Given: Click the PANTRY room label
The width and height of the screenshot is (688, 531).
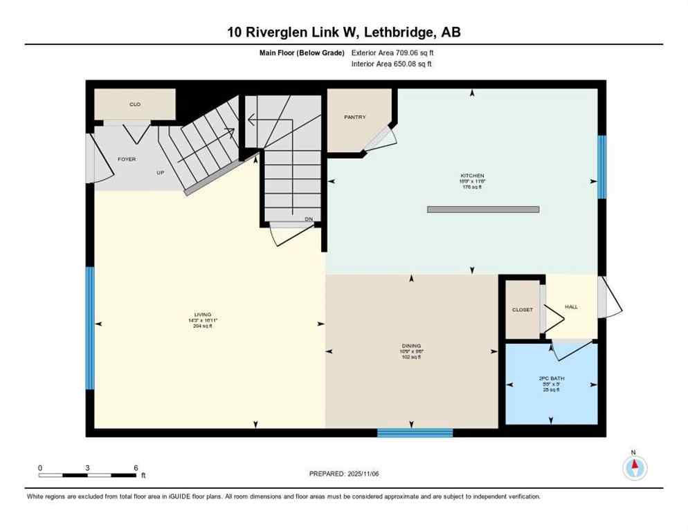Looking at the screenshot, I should [354, 118].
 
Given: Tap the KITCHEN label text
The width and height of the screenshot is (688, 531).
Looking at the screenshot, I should [473, 176].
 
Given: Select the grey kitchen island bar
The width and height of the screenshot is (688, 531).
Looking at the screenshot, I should [482, 209].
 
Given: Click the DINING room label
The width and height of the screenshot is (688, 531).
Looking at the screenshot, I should [411, 346].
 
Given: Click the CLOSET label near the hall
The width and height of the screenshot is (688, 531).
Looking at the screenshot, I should [523, 310].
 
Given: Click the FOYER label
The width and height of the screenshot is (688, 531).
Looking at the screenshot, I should [127, 159].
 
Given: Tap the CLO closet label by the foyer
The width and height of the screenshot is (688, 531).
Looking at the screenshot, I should [135, 104].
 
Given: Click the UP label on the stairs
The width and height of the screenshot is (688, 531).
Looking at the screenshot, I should [160, 172].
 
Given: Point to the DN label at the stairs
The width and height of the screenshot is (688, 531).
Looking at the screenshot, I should [309, 219].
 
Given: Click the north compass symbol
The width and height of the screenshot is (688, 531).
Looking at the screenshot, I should [634, 467].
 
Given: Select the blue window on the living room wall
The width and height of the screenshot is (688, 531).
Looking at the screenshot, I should [90, 328].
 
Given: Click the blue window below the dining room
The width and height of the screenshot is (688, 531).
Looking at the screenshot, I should [415, 433].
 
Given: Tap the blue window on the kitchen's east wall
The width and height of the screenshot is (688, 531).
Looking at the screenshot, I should [601, 167].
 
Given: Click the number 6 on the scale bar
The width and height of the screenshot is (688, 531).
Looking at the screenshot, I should [136, 467].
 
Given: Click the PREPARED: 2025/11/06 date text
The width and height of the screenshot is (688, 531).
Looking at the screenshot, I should [344, 474].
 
